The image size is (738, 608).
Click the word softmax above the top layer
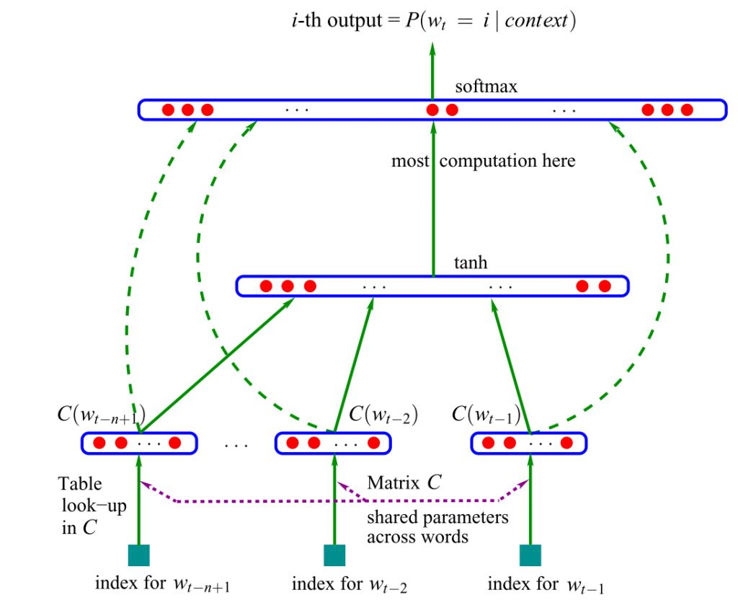[x=486, y=87]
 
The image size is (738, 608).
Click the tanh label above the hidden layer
[x=470, y=263]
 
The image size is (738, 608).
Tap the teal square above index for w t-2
[x=334, y=555]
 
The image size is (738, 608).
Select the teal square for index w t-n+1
[x=138, y=555]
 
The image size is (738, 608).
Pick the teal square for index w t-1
[x=530, y=555]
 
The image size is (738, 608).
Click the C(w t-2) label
[x=383, y=415]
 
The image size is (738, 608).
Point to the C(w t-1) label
[x=486, y=415]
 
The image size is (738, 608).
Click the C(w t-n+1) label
[x=101, y=415]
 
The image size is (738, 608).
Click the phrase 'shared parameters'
[x=437, y=518]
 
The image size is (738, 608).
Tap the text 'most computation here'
[x=483, y=161]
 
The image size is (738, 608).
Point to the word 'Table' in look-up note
[x=80, y=484]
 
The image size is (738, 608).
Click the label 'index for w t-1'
[x=546, y=583]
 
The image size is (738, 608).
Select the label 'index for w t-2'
[x=350, y=583]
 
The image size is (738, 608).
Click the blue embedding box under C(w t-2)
[x=333, y=443]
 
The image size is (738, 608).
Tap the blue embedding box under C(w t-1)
[x=529, y=443]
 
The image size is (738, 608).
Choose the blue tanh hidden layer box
[x=432, y=286]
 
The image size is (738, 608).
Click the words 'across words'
[x=417, y=537]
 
